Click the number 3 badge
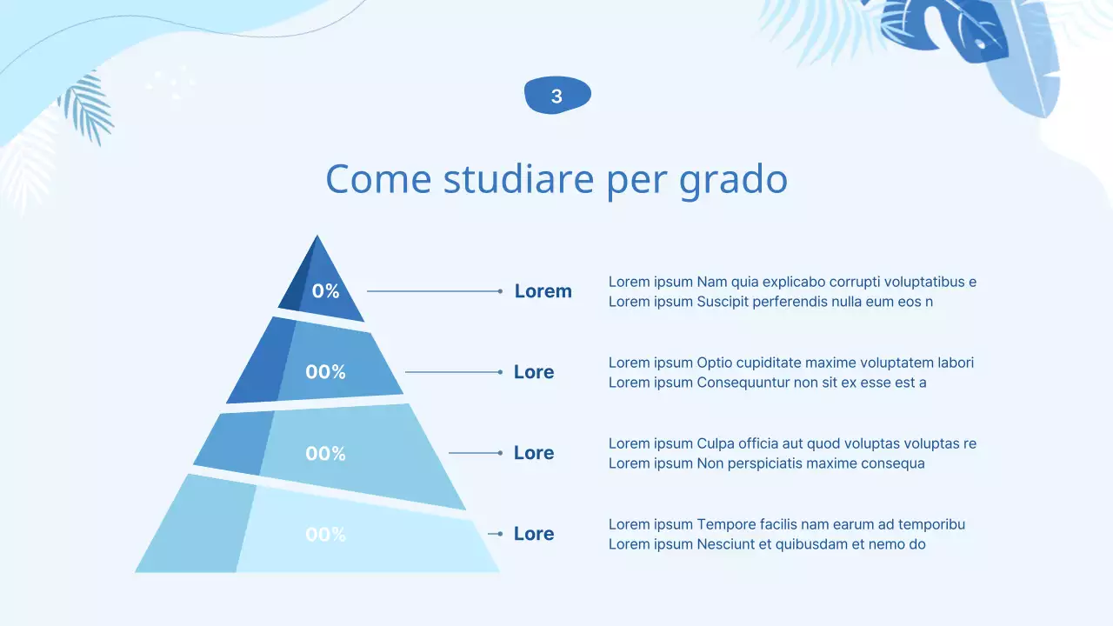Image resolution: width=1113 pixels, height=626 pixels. (x=557, y=96)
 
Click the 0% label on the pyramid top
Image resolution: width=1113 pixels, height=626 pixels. (x=326, y=291)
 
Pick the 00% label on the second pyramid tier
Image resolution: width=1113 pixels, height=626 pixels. (x=326, y=372)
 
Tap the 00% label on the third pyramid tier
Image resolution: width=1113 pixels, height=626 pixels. (x=326, y=453)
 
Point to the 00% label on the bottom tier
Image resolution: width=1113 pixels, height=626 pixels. (x=326, y=535)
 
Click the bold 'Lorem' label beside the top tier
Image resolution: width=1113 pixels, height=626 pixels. (x=543, y=291)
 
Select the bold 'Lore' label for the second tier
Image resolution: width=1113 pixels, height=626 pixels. (x=534, y=372)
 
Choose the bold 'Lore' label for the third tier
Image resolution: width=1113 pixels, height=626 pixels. (x=534, y=453)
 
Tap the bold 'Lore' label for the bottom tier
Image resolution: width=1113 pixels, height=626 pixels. (x=534, y=534)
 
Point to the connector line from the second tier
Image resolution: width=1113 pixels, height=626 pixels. (x=452, y=372)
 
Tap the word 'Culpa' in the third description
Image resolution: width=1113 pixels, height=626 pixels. (x=716, y=443)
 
